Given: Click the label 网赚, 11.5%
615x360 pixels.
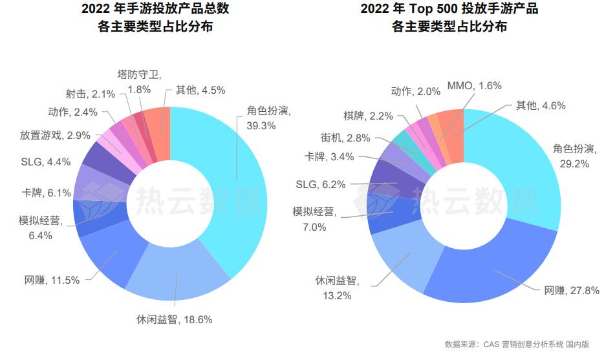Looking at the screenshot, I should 52,280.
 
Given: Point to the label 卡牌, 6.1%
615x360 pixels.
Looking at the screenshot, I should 46,193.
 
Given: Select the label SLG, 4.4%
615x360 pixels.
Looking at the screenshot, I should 45,162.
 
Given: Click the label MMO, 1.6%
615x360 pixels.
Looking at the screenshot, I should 474,85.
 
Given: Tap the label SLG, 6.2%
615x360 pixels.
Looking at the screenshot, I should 321,184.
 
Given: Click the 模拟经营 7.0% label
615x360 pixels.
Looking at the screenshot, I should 313,219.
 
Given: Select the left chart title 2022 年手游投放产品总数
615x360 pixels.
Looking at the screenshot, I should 155,9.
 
